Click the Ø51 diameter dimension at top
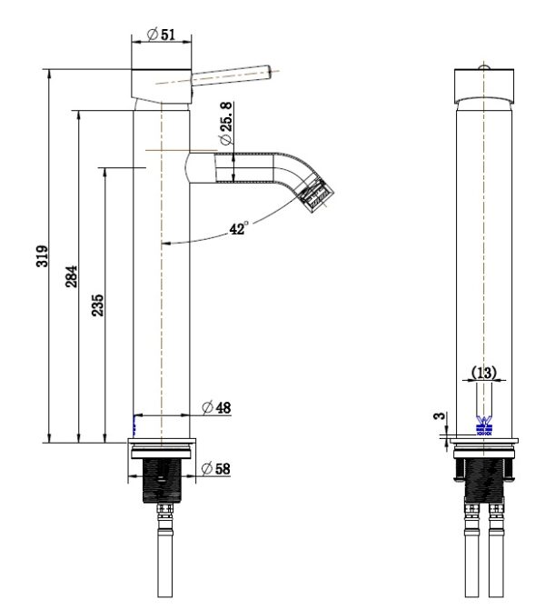tap(163, 34)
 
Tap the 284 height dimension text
tap(72, 275)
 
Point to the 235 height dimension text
tap(98, 304)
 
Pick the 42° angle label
tap(239, 230)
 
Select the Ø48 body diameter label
tap(217, 408)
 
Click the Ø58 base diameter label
tap(217, 468)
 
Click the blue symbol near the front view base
tap(483, 424)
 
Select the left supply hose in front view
tap(472, 559)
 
